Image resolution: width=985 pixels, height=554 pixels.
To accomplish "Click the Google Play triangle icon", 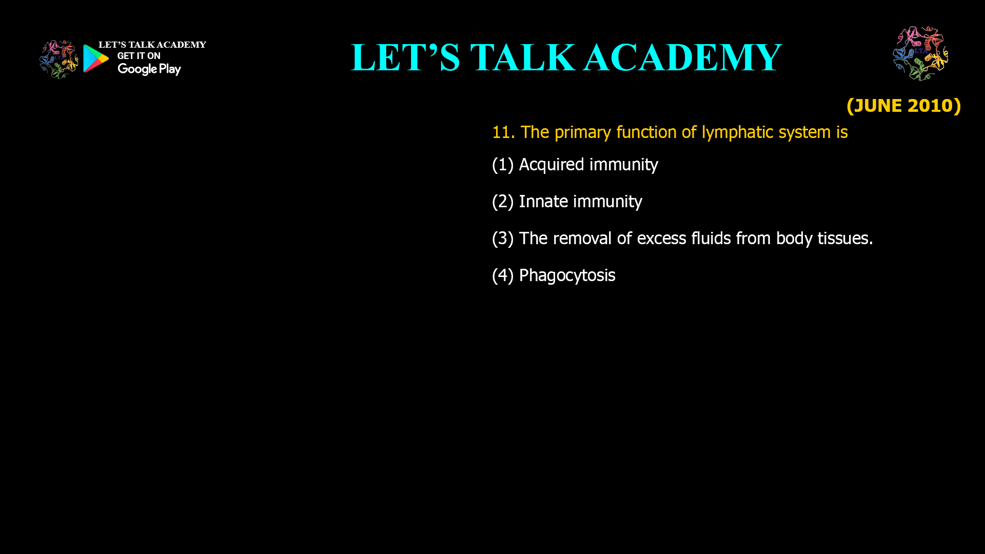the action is [x=95, y=58].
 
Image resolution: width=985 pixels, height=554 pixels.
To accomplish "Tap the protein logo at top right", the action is [x=921, y=53].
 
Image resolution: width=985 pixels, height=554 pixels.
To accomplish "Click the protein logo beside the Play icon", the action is [x=59, y=60].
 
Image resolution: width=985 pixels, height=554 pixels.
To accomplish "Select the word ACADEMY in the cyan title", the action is [x=683, y=57].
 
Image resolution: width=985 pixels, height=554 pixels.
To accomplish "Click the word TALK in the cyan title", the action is [x=523, y=57].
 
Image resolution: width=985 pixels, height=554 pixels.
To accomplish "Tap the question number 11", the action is [x=503, y=132].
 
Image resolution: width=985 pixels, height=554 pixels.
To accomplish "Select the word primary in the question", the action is [x=583, y=133].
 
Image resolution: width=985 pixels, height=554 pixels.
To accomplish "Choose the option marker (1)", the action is [x=503, y=165].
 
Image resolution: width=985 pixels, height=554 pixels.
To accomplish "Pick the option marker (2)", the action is [x=503, y=202].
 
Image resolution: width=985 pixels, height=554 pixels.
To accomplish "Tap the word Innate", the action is [x=543, y=202].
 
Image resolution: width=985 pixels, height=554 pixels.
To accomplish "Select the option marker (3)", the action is [x=503, y=239].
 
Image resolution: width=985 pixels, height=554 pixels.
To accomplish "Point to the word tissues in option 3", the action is [x=845, y=239].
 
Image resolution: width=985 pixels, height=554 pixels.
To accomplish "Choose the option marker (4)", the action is [x=503, y=275].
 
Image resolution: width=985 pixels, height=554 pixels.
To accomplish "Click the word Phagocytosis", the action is [x=567, y=275].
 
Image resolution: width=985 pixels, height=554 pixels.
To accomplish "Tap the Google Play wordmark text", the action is [x=149, y=69].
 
